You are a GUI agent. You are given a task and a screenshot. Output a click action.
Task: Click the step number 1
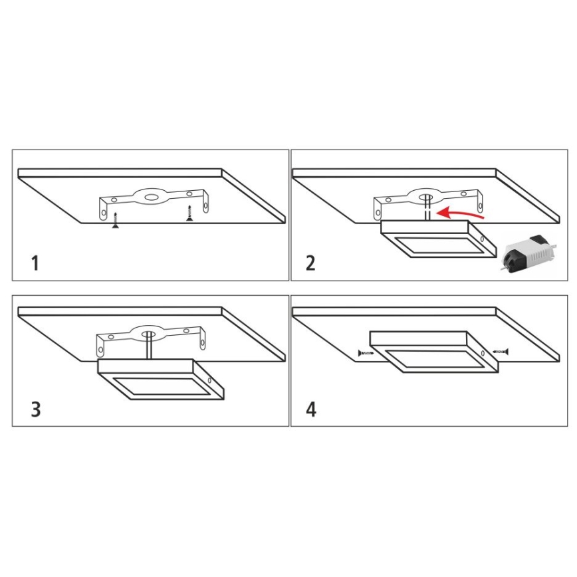coord(35,263)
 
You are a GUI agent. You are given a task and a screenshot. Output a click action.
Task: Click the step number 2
coord(310,263)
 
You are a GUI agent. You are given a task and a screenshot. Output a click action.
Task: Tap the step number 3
coord(36,409)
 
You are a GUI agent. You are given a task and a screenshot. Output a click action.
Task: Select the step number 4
coord(311,409)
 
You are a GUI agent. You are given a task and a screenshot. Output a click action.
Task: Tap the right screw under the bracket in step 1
coord(189,213)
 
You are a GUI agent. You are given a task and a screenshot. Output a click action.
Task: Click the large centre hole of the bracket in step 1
coord(151,197)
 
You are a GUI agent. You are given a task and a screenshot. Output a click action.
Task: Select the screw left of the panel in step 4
coord(366,353)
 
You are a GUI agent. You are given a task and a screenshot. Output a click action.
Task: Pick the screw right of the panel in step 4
coord(501,352)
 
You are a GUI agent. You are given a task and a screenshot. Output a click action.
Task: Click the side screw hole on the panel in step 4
coord(483,353)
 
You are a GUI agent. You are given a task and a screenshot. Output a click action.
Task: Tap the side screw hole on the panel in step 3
coord(209,380)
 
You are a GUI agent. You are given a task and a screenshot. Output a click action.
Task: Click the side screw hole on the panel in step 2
coord(482,239)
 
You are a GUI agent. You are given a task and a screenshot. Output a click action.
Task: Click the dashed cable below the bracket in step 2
coord(427,208)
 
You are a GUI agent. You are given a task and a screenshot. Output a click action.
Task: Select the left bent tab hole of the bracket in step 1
coord(104,213)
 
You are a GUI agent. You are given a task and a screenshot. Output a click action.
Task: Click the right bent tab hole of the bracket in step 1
coord(205,205)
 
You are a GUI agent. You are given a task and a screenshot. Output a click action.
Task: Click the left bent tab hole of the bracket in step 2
coord(378,213)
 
